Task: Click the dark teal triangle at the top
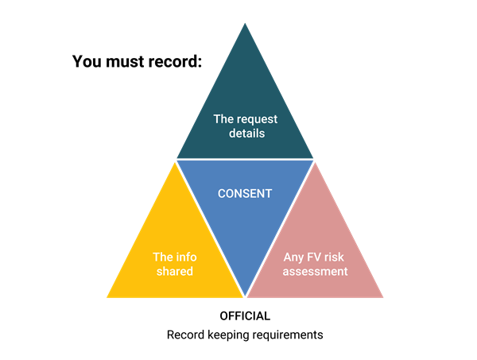coord(245,95)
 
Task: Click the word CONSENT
coord(245,193)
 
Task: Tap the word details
coord(245,134)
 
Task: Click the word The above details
coord(223,119)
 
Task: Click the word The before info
coord(162,257)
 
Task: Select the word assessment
coord(316,271)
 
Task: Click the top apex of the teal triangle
coord(245,23)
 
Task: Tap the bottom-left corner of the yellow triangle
coord(107,297)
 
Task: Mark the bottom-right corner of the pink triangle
coord(383,297)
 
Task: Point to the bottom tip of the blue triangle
coord(246,296)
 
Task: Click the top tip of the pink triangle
coord(316,163)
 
